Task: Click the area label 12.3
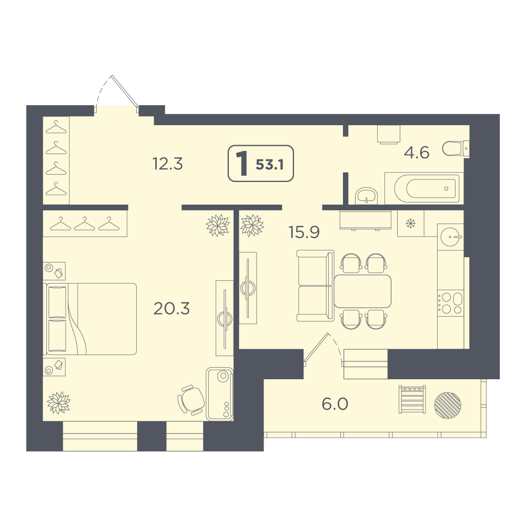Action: point(167,164)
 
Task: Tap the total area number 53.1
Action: point(270,165)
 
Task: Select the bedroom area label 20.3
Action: point(171,308)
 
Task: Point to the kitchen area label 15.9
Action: point(304,232)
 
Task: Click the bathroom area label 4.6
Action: point(417,153)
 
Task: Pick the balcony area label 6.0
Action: point(335,404)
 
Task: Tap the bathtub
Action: point(424,188)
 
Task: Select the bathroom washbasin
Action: point(366,196)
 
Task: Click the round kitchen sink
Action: point(451,237)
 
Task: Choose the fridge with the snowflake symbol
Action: point(411,223)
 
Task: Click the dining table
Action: point(362,291)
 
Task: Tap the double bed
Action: point(90,319)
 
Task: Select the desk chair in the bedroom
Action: point(190,400)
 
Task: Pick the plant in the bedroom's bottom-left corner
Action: point(59,402)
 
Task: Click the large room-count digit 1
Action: point(242,164)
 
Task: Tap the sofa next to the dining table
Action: point(315,286)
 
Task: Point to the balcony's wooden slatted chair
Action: point(412,399)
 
